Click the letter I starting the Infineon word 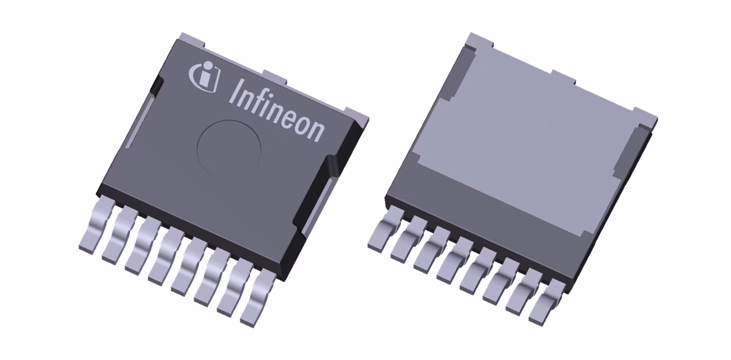(x=235, y=91)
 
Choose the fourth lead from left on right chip (x=451, y=260)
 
